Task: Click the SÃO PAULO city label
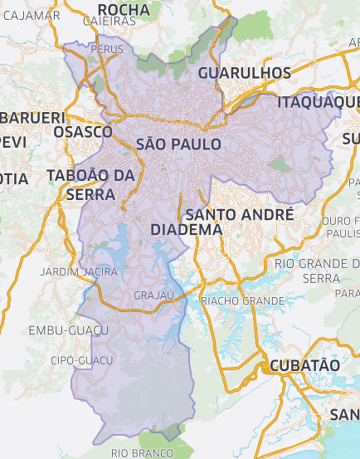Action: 178,144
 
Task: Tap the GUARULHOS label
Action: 244,73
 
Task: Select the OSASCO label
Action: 82,132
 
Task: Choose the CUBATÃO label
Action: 304,365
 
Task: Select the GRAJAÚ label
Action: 153,295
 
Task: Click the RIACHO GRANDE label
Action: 242,300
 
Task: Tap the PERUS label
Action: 108,50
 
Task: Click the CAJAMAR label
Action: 31,15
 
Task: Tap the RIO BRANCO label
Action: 142,452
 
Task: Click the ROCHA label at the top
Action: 123,10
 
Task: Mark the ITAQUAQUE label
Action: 319,101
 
